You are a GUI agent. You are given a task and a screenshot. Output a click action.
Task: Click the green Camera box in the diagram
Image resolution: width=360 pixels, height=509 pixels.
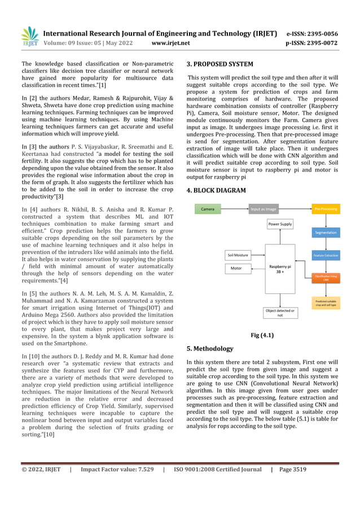(208, 209)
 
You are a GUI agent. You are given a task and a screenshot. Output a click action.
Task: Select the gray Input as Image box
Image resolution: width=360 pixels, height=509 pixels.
(264, 209)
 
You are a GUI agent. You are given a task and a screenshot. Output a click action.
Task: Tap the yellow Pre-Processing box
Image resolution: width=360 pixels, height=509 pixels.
(324, 209)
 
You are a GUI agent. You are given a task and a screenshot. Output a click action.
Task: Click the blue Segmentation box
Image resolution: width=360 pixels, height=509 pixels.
(324, 232)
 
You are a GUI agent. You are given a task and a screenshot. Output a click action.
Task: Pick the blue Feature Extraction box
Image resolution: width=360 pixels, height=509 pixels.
(324, 256)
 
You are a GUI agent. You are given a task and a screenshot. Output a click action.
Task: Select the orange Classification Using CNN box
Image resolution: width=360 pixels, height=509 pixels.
(324, 278)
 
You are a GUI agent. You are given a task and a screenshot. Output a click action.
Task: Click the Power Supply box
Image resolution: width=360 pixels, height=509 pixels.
(280, 224)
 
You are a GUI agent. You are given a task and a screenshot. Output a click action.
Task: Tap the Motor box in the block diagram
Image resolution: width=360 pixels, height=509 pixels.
(237, 268)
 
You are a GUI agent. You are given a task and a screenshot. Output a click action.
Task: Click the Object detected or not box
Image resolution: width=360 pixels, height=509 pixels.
(280, 313)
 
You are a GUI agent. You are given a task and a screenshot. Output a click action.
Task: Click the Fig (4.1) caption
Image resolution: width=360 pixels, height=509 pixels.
(262, 335)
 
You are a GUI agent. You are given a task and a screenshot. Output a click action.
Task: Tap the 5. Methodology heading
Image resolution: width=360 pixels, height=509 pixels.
(209, 349)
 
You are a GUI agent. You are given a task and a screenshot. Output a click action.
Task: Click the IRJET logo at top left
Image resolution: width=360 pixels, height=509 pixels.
(29, 37)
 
